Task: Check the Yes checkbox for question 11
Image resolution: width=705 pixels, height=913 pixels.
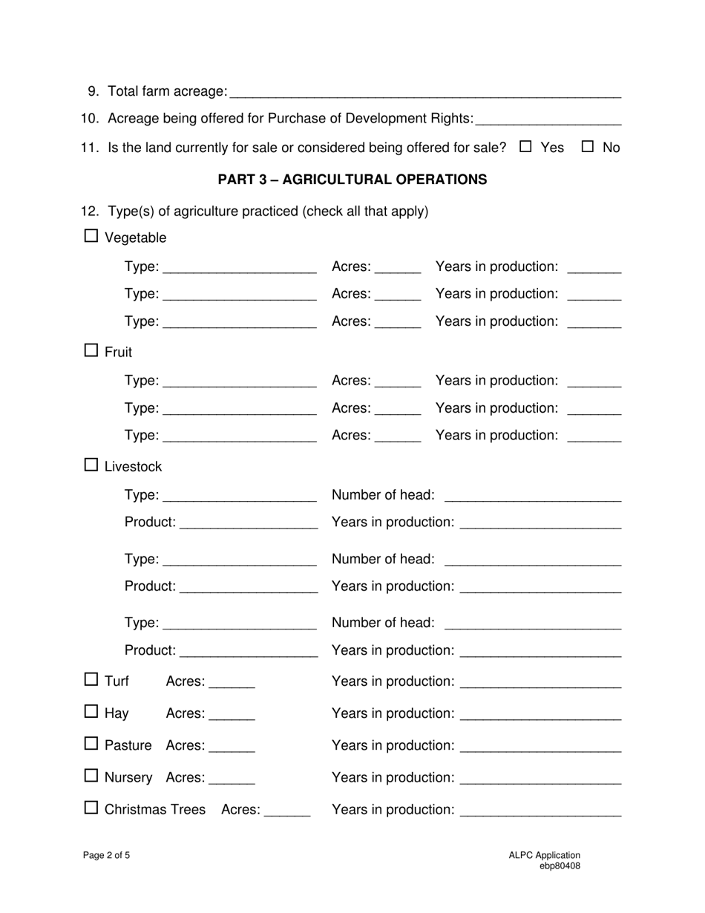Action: pos(526,147)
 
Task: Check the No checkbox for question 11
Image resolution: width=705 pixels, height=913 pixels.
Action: pos(588,147)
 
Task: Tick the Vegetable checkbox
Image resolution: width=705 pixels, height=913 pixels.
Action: pos(91,237)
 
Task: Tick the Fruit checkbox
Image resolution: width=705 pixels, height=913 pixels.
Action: pos(91,350)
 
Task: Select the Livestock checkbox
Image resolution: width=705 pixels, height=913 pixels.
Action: pos(91,465)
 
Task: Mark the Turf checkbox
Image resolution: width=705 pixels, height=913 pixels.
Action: pos(91,679)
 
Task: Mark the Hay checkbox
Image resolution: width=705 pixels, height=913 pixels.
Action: pos(91,712)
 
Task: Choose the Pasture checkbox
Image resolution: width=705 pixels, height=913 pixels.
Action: pos(91,744)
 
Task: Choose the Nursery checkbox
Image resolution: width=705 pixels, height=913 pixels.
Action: pos(91,776)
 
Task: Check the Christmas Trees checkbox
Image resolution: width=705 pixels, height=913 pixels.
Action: pos(91,808)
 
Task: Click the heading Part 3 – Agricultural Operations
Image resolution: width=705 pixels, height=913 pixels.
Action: pos(352,180)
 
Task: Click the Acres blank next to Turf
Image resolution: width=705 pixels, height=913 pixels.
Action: pos(232,682)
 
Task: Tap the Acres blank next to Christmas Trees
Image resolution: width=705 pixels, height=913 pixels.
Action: pos(287,811)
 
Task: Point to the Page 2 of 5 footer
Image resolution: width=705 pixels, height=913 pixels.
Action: pos(107,855)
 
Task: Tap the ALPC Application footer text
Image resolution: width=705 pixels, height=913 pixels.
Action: pos(544,855)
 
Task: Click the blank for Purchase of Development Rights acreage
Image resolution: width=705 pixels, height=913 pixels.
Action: pos(548,120)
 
